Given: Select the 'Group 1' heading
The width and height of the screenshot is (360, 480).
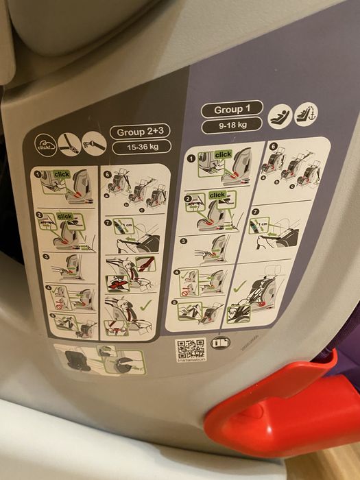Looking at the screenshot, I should tap(228, 110).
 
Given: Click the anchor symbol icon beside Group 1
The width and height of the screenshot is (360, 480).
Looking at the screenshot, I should tap(306, 114).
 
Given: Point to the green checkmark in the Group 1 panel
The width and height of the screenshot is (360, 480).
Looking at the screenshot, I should tap(239, 289).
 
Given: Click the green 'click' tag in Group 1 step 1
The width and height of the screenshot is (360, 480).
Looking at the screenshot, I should tap(223, 156).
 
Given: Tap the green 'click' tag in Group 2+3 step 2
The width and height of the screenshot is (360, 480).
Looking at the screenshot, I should tap(65, 217).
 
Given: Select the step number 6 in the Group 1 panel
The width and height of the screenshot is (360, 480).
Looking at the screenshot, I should tap(273, 146).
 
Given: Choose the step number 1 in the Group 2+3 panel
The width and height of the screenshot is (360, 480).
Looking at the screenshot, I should tap(39, 175).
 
